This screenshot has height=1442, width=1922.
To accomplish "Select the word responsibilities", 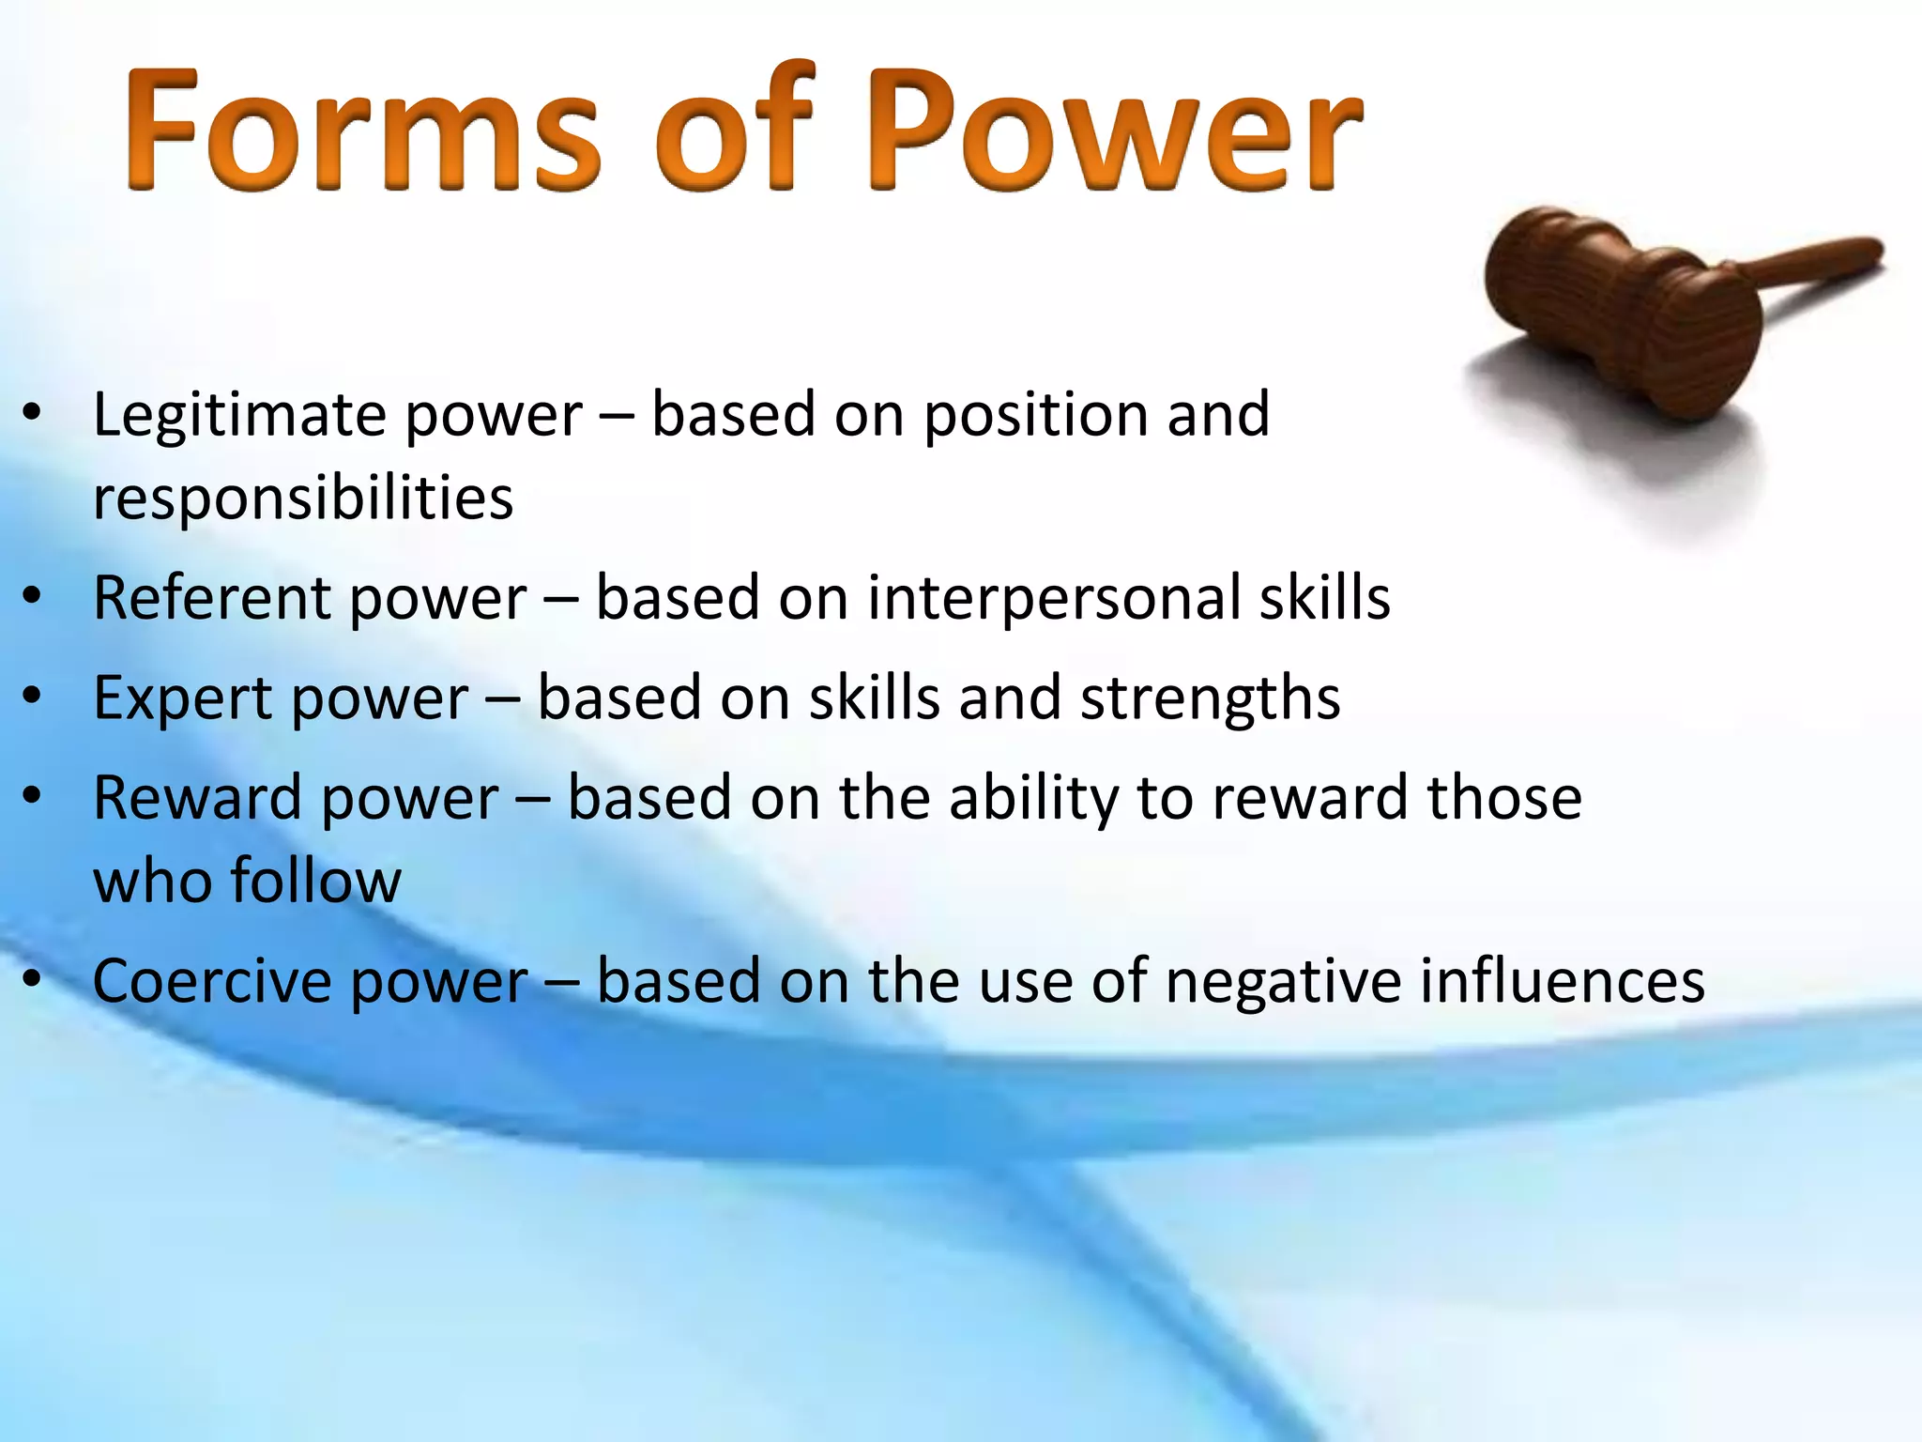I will (302, 498).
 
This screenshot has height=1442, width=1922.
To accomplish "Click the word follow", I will (315, 881).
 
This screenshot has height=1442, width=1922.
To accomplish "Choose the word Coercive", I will (212, 982).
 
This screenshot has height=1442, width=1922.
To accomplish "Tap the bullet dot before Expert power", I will (33, 698).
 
